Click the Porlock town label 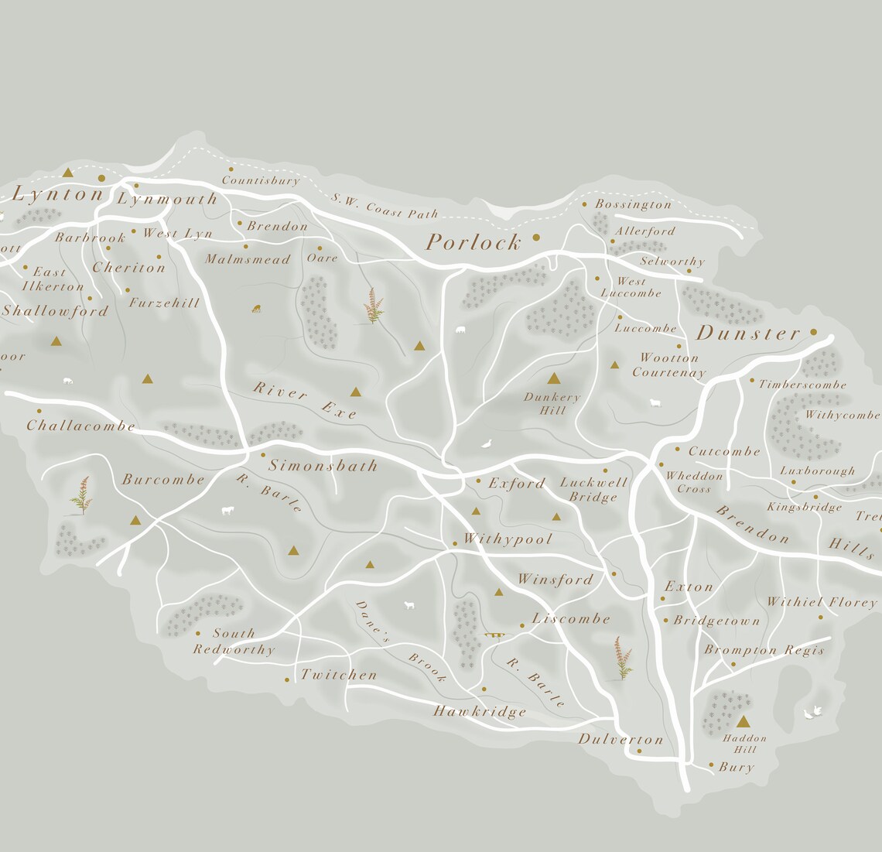tap(473, 243)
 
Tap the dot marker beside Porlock tap(536, 238)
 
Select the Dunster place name tap(748, 334)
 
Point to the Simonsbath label tap(323, 466)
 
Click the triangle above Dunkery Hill tap(553, 379)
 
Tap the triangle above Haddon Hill tap(744, 722)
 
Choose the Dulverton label tap(620, 740)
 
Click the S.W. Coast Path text tap(385, 207)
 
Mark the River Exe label tap(305, 400)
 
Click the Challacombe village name tap(80, 426)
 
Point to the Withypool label tap(508, 539)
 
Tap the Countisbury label tap(260, 181)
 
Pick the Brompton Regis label tap(764, 650)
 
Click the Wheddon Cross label tap(693, 482)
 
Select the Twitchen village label tap(339, 675)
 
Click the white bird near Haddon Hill tap(812, 713)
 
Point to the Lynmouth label tap(168, 199)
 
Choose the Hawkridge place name tap(480, 711)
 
